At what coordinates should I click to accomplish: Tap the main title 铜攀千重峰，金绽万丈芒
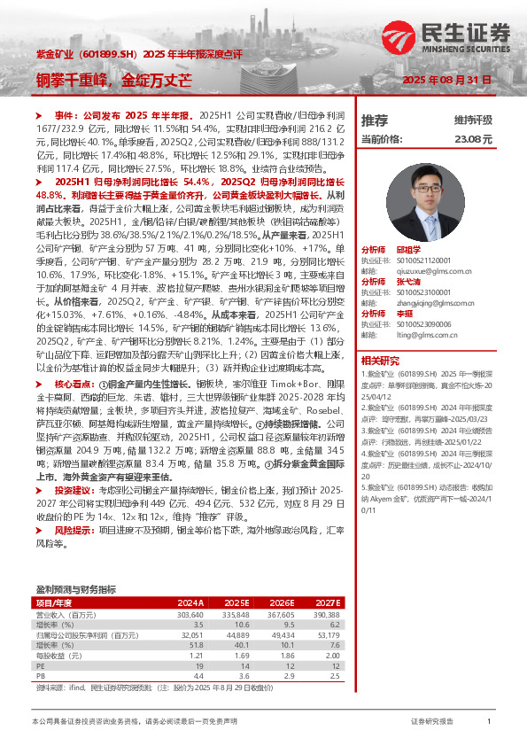(115, 78)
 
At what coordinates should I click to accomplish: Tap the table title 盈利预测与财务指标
(75, 589)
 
